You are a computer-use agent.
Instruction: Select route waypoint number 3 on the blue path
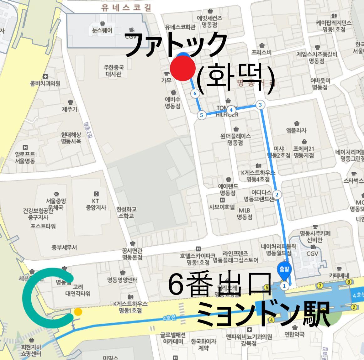click(260, 105)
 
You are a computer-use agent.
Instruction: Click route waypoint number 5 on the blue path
click(201, 115)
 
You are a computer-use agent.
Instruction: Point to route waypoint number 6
click(195, 93)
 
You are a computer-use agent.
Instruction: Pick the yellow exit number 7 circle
click(320, 285)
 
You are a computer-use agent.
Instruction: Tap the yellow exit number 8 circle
click(349, 282)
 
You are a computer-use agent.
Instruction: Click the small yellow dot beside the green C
click(78, 311)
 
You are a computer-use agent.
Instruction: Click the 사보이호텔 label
click(222, 207)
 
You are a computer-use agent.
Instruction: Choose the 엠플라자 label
click(296, 130)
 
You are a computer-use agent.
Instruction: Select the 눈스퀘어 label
click(102, 31)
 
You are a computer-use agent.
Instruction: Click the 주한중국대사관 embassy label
click(114, 71)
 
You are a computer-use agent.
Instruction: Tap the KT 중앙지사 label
click(96, 204)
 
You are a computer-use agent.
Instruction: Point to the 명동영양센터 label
click(122, 279)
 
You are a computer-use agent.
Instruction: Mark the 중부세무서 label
click(64, 248)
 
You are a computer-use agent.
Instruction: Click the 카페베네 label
click(339, 276)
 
